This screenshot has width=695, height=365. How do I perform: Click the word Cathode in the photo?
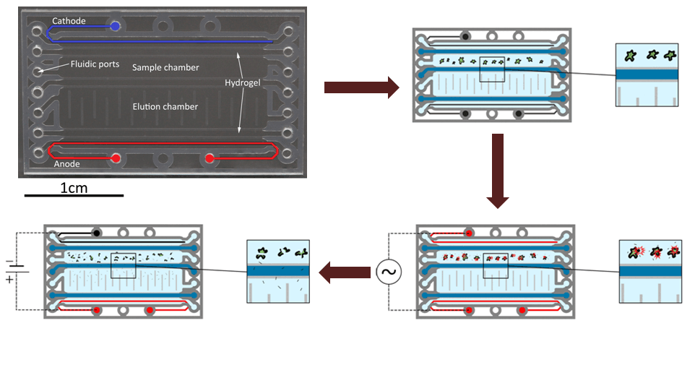[x=68, y=21]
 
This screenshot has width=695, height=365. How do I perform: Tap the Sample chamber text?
[x=165, y=67]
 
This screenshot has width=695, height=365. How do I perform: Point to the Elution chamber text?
[x=165, y=106]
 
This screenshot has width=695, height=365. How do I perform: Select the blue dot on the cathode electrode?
[x=116, y=27]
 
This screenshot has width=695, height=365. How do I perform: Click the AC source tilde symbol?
[x=388, y=273]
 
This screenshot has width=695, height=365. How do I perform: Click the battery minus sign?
[x=9, y=262]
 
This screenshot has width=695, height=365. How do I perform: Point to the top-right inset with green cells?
[x=646, y=75]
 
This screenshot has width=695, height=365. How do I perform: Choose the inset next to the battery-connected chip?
[x=278, y=271]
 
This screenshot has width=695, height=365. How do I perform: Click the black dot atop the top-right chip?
[x=466, y=35]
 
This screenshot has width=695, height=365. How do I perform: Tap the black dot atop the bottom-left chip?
[x=96, y=233]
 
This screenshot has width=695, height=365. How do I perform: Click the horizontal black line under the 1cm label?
[x=74, y=195]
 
